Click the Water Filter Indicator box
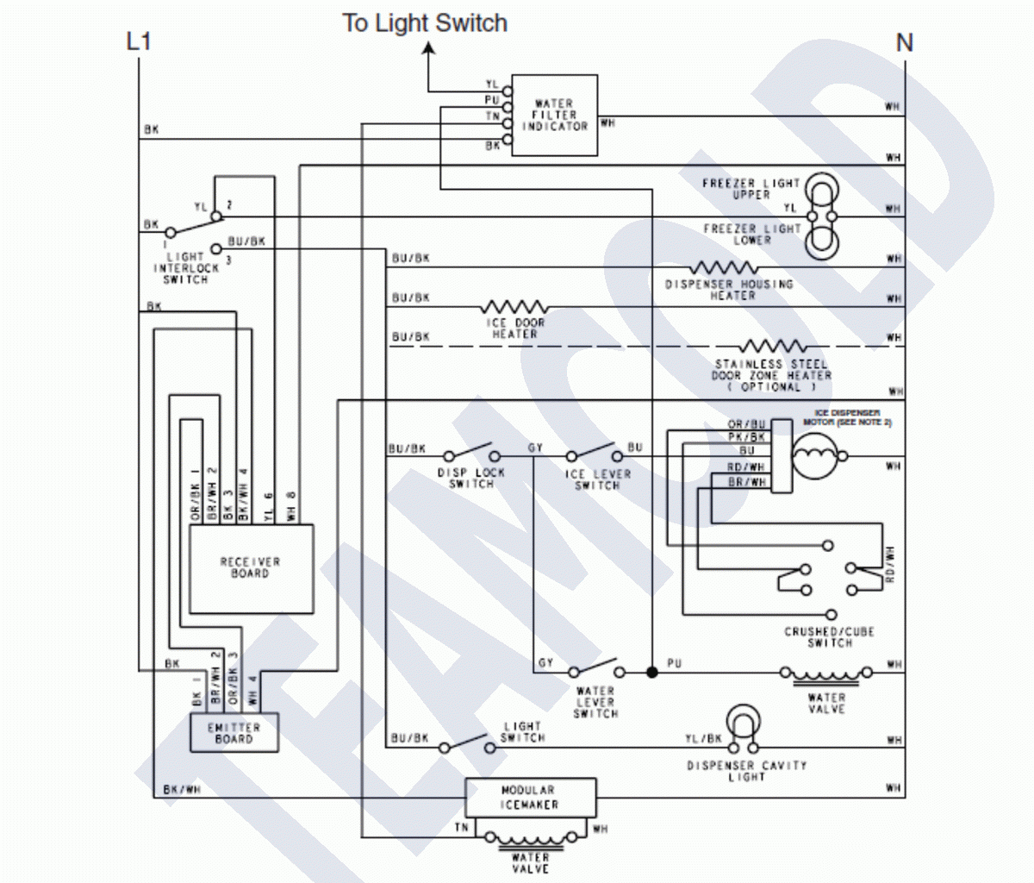[555, 115]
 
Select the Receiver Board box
[251, 568]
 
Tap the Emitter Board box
[234, 733]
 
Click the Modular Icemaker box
[530, 798]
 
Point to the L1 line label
[139, 41]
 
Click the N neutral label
[904, 42]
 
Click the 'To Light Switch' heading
[425, 22]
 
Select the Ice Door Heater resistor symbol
[514, 307]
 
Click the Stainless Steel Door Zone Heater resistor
[773, 347]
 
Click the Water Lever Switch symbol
[595, 669]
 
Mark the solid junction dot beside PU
[651, 671]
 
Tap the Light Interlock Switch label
[185, 268]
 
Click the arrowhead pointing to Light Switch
[428, 51]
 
